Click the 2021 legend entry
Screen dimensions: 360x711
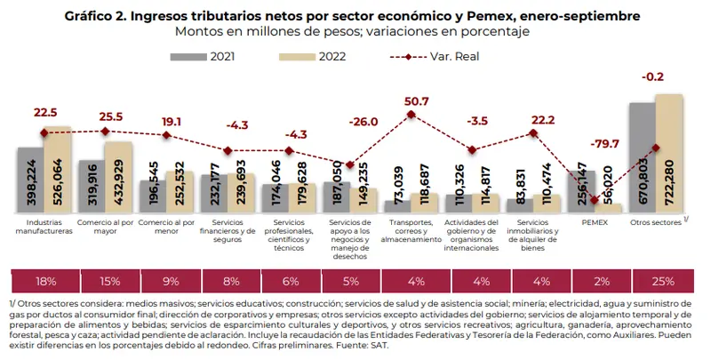pyautogui.click(x=209, y=56)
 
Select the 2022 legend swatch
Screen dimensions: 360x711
pyautogui.click(x=291, y=56)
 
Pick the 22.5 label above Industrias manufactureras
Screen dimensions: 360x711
pyautogui.click(x=44, y=112)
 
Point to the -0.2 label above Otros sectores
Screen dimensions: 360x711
pyautogui.click(x=656, y=76)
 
